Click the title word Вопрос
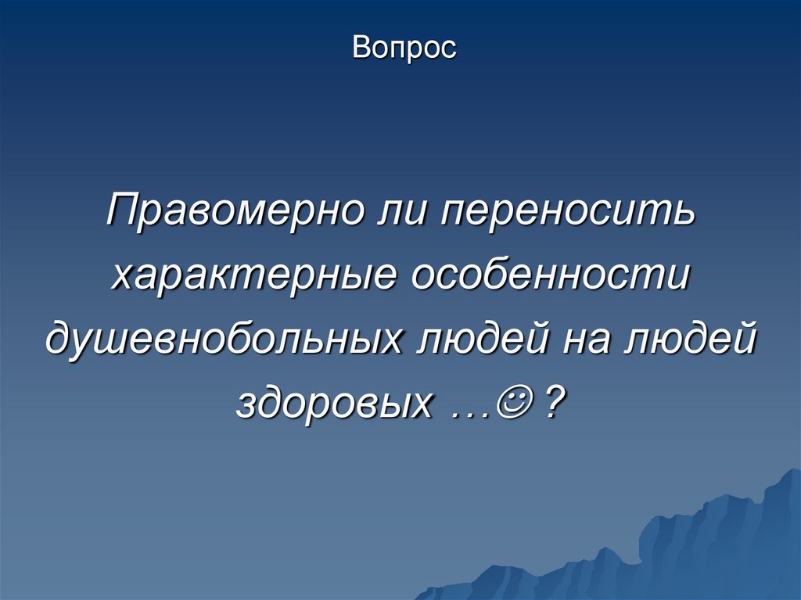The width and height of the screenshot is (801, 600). pos(404,48)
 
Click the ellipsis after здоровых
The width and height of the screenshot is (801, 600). pos(469,411)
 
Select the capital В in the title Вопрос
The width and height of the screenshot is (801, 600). pos(359,48)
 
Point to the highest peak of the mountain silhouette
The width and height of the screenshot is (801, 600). pos(792,470)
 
